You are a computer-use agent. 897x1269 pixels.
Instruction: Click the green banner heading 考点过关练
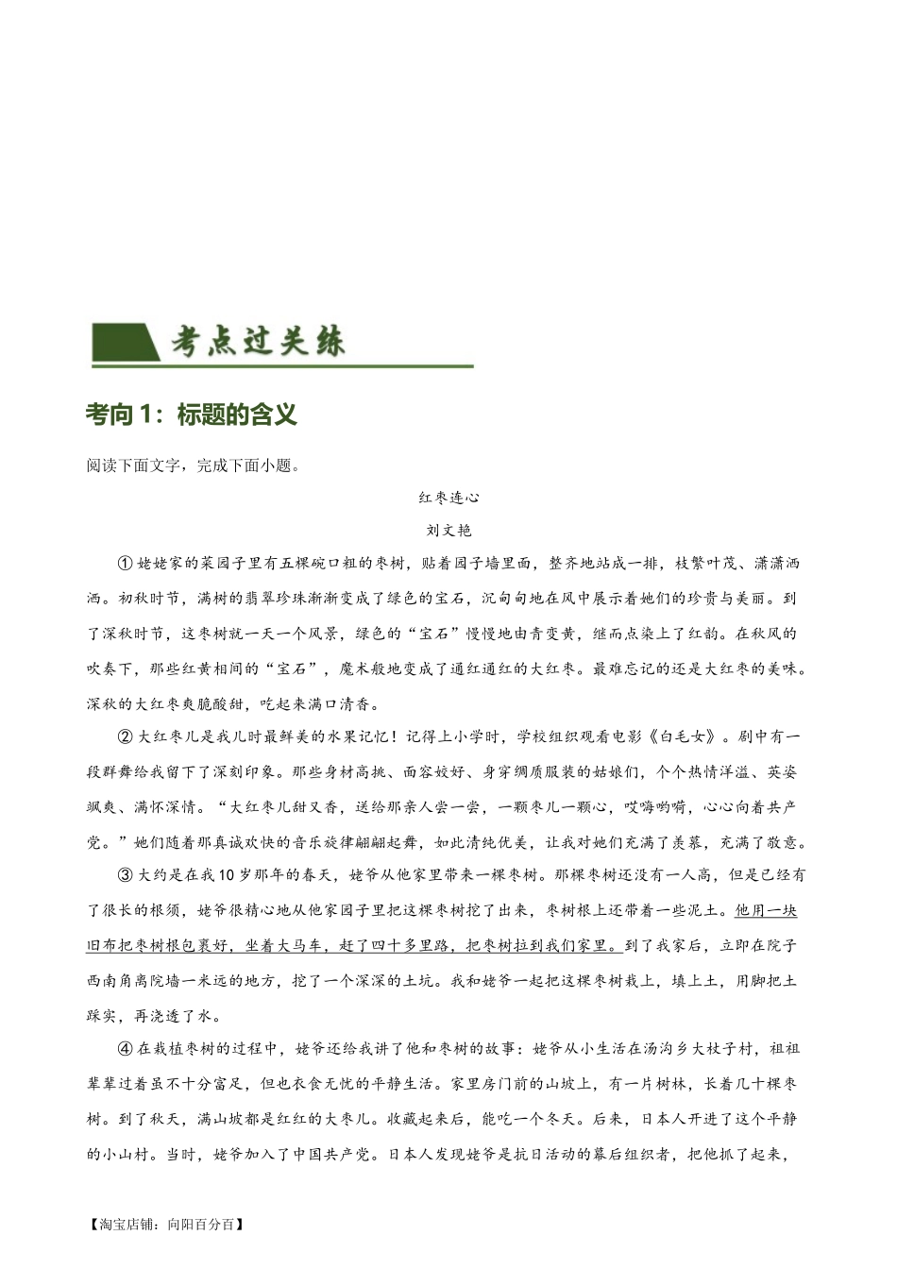pos(258,342)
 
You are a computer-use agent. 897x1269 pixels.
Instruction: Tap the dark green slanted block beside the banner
pos(123,343)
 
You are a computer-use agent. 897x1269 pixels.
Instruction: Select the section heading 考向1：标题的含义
pos(191,415)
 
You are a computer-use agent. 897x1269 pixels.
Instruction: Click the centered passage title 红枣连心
pos(449,497)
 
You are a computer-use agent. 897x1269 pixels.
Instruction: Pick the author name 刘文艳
pos(449,530)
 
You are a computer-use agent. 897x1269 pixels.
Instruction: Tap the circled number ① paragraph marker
pos(126,564)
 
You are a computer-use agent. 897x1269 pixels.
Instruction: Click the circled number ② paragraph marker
pos(126,736)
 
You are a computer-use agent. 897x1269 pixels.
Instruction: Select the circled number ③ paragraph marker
pos(126,875)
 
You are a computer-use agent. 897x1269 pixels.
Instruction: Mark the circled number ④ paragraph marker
pos(126,1048)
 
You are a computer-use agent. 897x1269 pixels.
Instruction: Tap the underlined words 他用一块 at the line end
pos(765,910)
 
